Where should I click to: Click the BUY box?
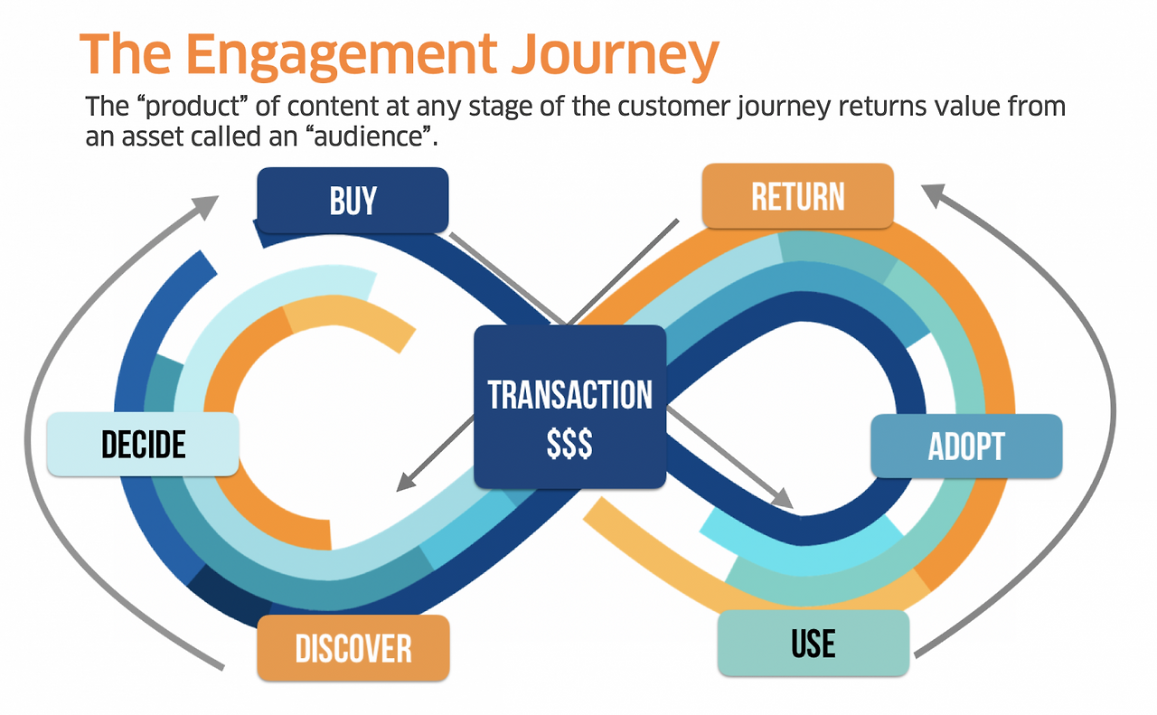pos(353,200)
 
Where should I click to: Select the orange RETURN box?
pos(797,196)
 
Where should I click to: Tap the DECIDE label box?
pos(143,444)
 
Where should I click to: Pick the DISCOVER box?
pos(353,648)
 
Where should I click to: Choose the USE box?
pos(814,643)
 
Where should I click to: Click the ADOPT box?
pos(965,446)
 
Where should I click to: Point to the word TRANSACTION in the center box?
pos(569,395)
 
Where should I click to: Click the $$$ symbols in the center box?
pos(569,443)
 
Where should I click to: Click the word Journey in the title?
pos(614,55)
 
